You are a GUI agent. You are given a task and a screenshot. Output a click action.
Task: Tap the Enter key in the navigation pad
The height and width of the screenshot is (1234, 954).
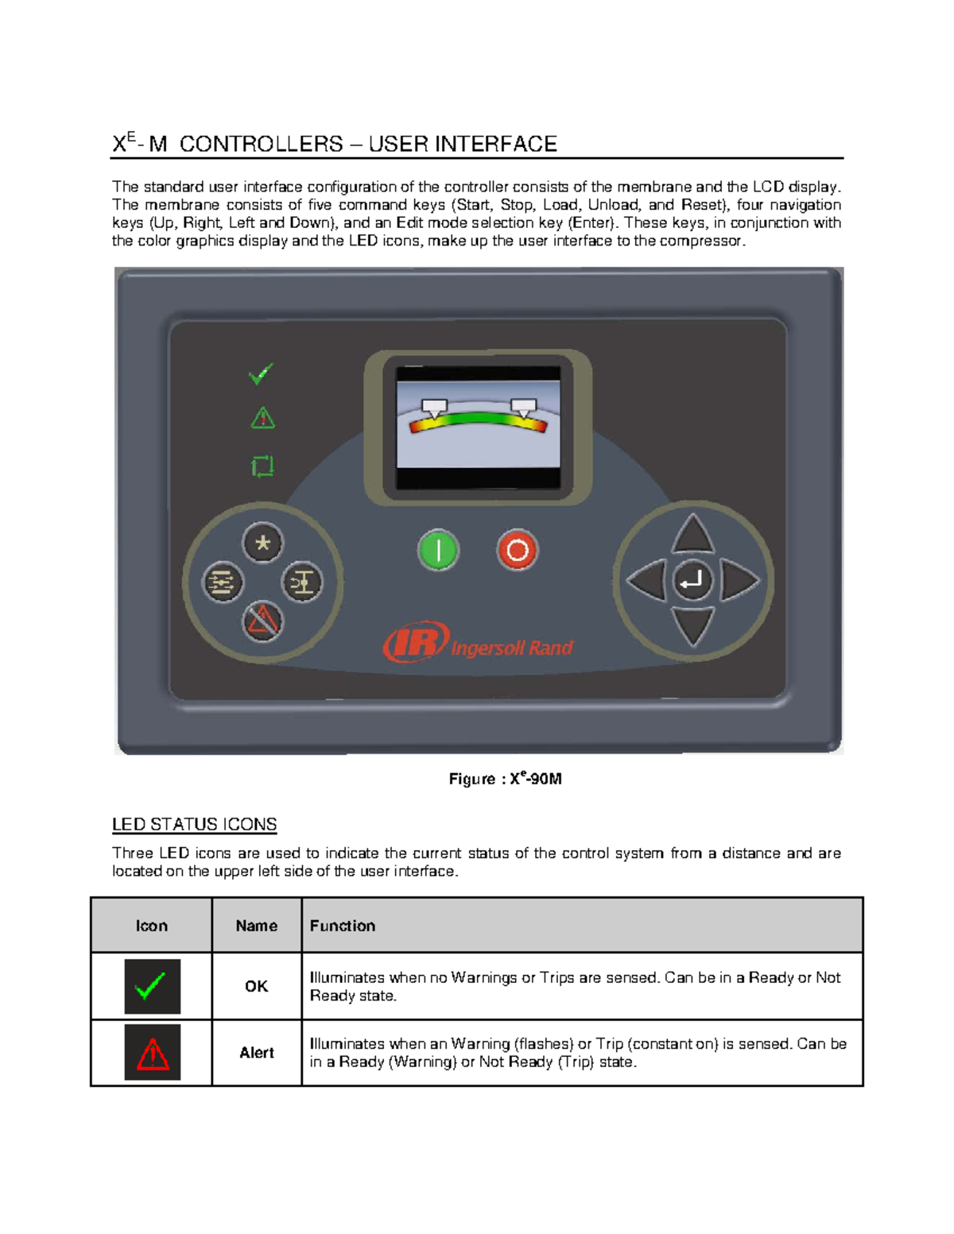692,581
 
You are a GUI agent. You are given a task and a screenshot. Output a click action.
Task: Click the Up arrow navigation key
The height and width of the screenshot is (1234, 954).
692,534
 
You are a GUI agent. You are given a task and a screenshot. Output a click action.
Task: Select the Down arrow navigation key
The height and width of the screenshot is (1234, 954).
692,625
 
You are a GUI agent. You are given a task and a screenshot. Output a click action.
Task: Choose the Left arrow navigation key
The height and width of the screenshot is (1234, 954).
647,581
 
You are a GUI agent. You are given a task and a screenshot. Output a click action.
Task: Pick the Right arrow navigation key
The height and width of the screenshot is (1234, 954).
739,581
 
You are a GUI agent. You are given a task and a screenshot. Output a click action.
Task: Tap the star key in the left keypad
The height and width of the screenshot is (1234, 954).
262,543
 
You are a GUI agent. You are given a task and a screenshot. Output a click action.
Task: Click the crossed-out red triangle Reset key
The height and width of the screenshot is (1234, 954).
262,621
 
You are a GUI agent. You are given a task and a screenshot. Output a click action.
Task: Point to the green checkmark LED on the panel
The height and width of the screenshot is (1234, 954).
261,373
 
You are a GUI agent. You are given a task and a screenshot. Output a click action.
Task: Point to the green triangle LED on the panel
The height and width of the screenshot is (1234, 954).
262,418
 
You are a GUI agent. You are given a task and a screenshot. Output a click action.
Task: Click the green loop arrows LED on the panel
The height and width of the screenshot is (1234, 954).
262,466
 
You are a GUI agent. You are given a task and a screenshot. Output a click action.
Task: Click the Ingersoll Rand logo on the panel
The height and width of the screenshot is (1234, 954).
478,644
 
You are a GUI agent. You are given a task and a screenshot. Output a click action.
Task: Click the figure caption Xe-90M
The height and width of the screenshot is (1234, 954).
505,779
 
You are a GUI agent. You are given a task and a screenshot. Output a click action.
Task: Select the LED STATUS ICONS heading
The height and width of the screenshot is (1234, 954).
194,824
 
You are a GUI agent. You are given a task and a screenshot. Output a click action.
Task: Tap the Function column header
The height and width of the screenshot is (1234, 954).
342,926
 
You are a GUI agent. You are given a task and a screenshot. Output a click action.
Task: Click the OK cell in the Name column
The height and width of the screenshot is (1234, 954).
256,986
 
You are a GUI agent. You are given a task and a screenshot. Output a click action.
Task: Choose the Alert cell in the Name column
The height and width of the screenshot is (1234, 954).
256,1053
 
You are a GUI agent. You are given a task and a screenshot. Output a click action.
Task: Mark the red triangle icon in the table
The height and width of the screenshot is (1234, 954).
153,1053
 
